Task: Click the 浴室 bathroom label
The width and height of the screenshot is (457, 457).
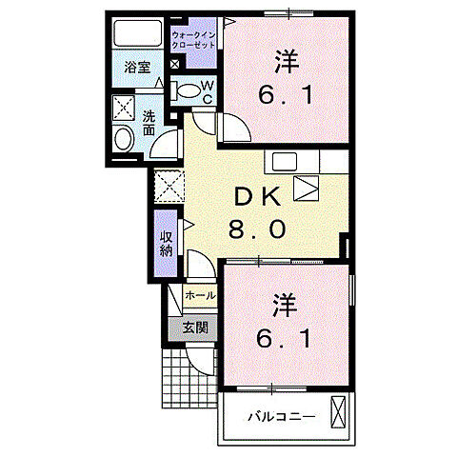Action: pyautogui.click(x=136, y=67)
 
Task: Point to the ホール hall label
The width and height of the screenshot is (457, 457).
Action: pyautogui.click(x=199, y=296)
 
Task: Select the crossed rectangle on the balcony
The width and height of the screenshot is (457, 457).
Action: pyautogui.click(x=339, y=412)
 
